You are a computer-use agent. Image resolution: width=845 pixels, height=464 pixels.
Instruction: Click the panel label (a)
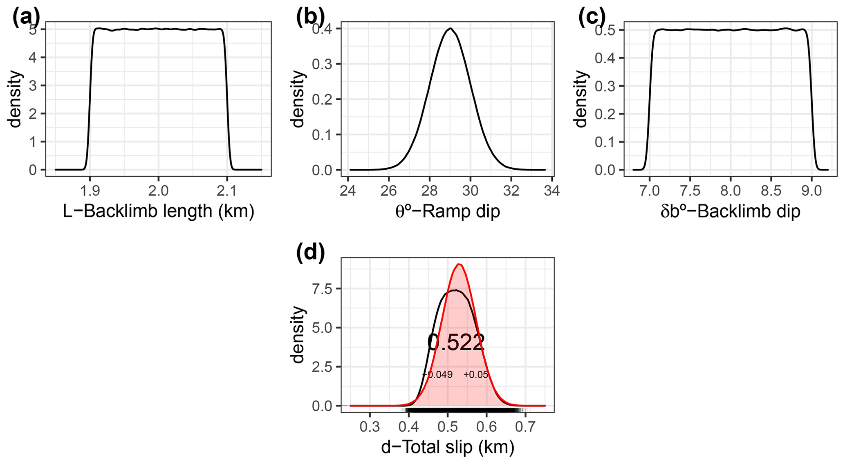(27, 19)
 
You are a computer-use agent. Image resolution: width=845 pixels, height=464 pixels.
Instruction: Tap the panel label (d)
(310, 252)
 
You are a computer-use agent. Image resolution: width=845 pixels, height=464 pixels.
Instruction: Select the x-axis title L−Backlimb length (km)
(159, 211)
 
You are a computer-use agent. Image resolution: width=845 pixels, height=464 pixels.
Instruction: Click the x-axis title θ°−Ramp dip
(447, 211)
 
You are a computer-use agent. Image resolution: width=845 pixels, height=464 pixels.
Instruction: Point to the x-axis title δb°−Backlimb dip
(730, 211)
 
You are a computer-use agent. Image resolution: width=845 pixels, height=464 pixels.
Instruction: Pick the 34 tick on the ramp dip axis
(552, 191)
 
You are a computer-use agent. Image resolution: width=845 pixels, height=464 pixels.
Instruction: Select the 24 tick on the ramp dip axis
(347, 191)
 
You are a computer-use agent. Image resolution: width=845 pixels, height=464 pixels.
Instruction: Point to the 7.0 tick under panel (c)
(649, 191)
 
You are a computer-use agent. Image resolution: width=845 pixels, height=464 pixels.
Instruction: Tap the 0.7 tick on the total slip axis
(525, 427)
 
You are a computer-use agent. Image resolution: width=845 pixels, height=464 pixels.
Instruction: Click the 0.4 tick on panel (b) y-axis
(323, 29)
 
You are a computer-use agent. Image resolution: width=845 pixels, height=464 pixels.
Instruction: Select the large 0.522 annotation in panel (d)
(456, 343)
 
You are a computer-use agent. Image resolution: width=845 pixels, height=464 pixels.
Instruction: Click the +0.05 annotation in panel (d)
(476, 375)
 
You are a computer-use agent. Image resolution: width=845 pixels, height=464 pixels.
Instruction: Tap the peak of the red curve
(459, 265)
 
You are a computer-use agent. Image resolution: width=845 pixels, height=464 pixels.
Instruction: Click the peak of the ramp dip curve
(450, 29)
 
